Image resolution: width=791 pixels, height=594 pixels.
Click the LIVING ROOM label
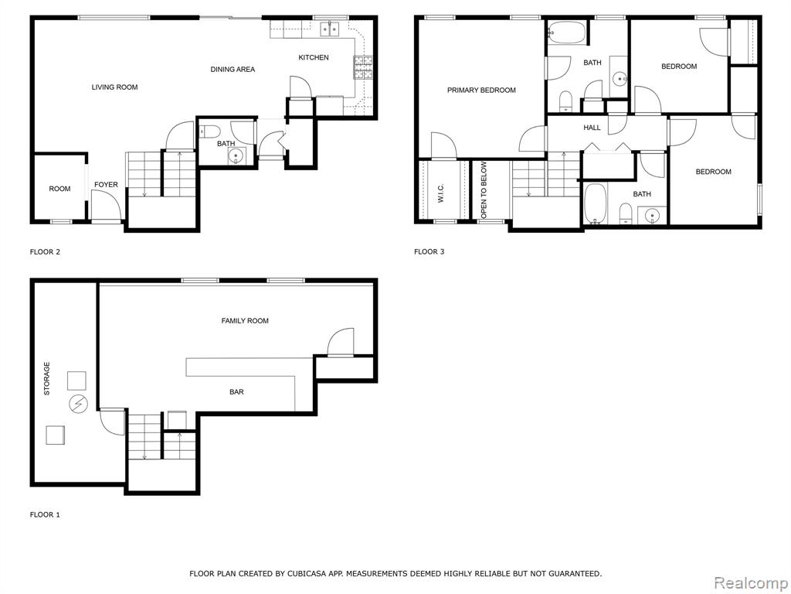(x=114, y=87)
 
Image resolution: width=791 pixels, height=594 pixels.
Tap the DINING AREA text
(x=233, y=69)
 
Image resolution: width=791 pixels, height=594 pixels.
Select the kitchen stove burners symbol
(x=363, y=68)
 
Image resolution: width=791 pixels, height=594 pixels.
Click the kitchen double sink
(x=330, y=29)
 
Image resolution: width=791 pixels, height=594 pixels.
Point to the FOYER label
(x=106, y=184)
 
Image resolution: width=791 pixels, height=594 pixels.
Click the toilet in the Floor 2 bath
(x=209, y=132)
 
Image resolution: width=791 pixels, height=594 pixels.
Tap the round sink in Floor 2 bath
(x=236, y=156)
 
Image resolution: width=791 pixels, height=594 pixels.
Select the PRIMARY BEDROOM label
(x=481, y=90)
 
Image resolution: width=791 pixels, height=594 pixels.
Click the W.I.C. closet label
(x=440, y=193)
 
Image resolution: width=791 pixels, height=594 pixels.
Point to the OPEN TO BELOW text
(x=484, y=190)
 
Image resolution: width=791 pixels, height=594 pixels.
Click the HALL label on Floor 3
(x=592, y=128)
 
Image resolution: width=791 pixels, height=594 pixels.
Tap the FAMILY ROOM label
(x=245, y=320)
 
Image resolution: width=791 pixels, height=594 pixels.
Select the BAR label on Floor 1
(x=236, y=391)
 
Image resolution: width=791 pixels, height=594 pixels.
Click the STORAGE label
(x=47, y=378)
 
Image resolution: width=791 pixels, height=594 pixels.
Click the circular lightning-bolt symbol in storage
(x=78, y=404)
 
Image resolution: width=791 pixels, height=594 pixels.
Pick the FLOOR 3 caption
(x=429, y=251)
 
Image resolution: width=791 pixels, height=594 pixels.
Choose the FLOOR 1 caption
(x=45, y=514)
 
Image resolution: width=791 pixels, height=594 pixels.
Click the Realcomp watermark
(x=751, y=582)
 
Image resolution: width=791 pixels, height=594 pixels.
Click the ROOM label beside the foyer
(x=59, y=189)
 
